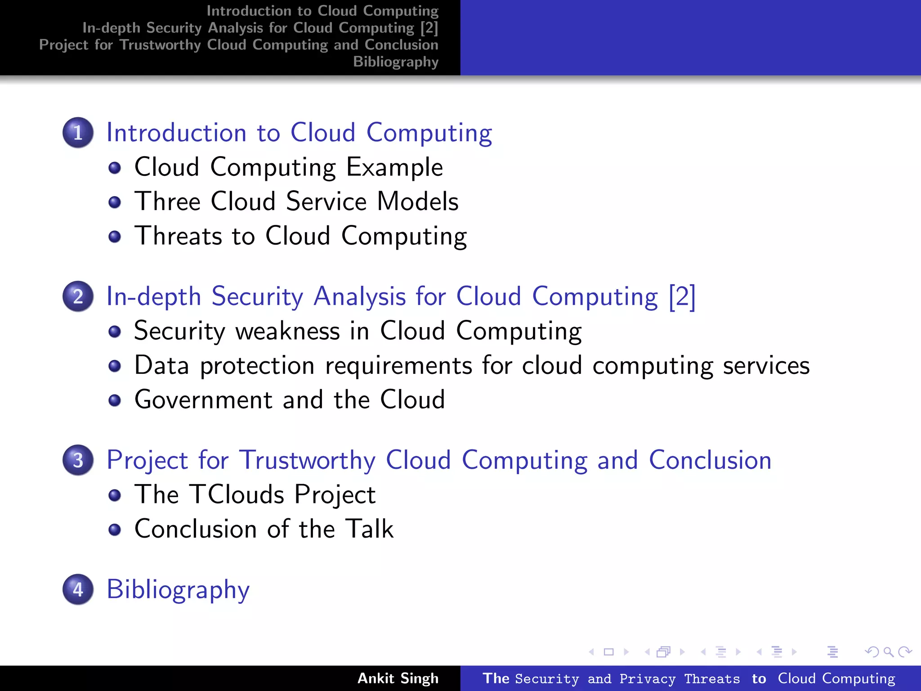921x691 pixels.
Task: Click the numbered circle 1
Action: tap(78, 133)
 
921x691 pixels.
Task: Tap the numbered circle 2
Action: tap(78, 296)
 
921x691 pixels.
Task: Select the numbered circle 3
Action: tap(78, 460)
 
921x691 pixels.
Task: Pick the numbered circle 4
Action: tap(78, 589)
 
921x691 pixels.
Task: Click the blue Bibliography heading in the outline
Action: tap(178, 589)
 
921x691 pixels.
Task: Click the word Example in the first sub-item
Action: tap(394, 167)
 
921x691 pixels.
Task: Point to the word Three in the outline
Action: tap(167, 201)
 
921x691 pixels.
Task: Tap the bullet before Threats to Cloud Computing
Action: tap(115, 237)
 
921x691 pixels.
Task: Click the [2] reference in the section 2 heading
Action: tap(682, 296)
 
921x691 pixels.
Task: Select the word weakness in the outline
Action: tap(288, 331)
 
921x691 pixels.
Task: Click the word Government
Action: tap(204, 399)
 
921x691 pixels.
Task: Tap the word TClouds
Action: tap(236, 494)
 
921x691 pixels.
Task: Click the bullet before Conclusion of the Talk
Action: tap(115, 529)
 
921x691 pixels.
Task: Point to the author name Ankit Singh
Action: tap(398, 678)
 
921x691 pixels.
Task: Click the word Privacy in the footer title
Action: tap(647, 678)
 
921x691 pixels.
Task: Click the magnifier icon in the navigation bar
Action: tap(888, 651)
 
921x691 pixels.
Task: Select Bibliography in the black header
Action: tap(395, 61)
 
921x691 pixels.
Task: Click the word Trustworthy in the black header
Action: tap(160, 45)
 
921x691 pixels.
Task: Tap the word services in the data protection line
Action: tap(766, 365)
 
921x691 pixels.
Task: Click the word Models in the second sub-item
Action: tap(417, 201)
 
